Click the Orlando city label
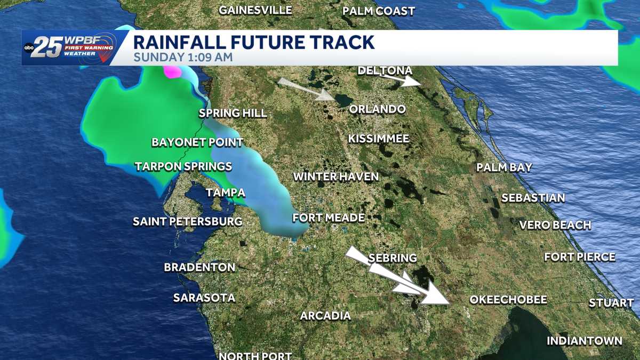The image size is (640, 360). click(x=377, y=109)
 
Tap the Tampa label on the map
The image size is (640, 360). click(x=226, y=193)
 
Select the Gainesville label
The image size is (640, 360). click(x=255, y=10)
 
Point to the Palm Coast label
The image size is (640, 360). click(x=379, y=11)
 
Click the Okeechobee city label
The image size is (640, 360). click(x=508, y=300)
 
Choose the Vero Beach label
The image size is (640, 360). click(x=555, y=225)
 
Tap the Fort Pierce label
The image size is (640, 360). click(x=580, y=257)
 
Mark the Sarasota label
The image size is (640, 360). click(x=204, y=298)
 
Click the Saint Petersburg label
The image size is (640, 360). click(x=187, y=221)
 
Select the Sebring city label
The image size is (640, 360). click(x=393, y=258)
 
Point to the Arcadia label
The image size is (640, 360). click(x=325, y=316)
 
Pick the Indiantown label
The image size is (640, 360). click(x=585, y=341)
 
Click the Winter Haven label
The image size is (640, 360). click(x=336, y=177)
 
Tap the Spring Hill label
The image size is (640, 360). click(x=233, y=113)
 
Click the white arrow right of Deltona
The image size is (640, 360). click(x=404, y=81)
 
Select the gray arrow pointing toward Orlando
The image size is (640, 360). click(x=306, y=89)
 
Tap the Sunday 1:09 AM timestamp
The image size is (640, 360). click(x=183, y=57)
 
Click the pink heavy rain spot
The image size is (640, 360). click(x=173, y=71)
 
